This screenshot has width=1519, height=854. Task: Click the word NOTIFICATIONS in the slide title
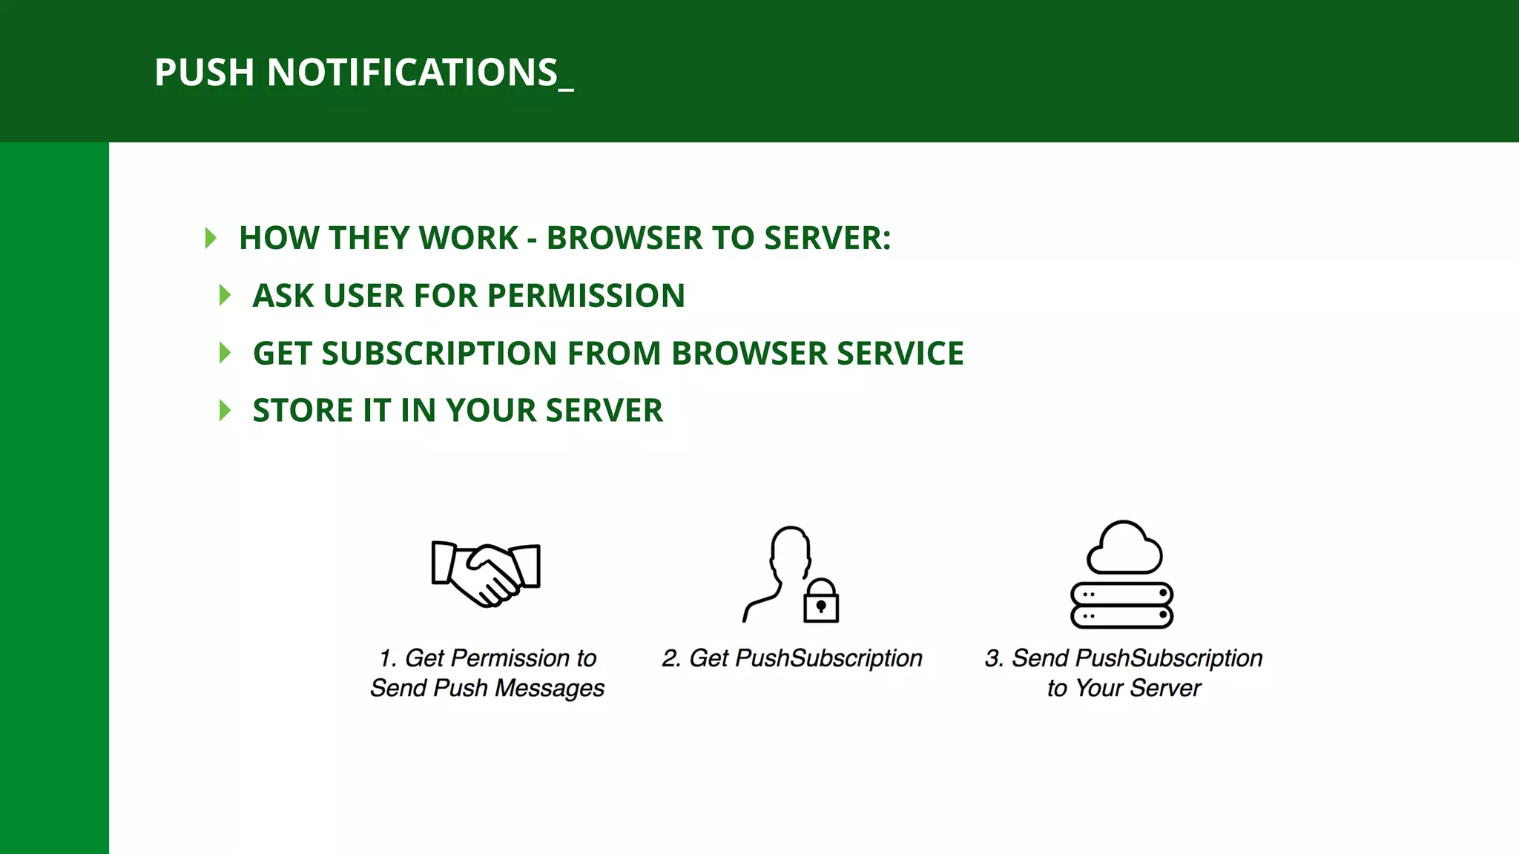pos(412,73)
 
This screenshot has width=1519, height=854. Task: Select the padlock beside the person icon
pos(821,601)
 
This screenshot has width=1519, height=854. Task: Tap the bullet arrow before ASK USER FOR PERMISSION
pos(225,296)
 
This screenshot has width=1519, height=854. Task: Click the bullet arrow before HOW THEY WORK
pos(211,238)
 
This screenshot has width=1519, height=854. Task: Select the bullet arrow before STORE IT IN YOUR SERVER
pos(225,411)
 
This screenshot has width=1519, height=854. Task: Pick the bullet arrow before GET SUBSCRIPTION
pos(225,354)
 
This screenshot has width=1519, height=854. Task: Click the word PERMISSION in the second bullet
pos(586,296)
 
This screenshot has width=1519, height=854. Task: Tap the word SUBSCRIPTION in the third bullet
pos(439,354)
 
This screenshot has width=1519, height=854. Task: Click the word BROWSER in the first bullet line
pos(625,238)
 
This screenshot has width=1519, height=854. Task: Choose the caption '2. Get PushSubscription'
pos(791,658)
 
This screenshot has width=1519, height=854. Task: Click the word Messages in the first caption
pos(550,688)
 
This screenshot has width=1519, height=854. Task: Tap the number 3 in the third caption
pos(992,658)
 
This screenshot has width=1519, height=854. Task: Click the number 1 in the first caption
pos(386,658)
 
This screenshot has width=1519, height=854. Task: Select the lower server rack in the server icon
pos(1121,616)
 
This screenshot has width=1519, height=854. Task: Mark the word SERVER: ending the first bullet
pos(827,238)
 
